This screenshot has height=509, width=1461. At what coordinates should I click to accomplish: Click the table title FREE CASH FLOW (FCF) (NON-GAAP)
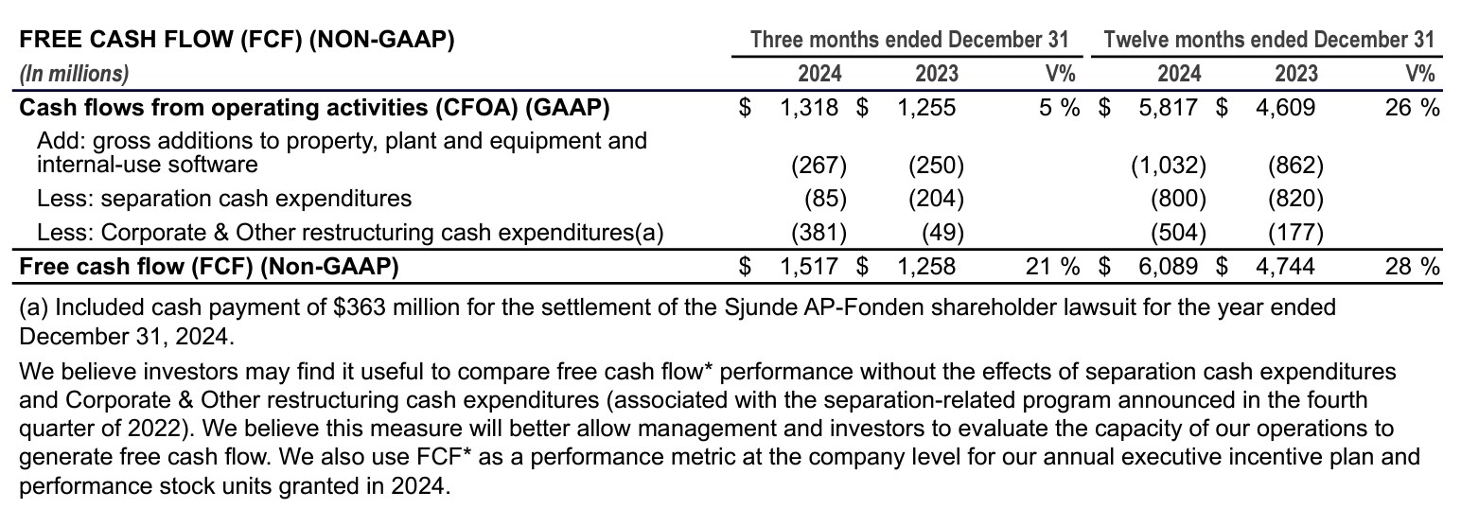238,40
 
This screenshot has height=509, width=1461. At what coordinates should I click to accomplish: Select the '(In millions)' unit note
75,73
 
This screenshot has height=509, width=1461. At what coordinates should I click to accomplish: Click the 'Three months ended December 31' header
908,40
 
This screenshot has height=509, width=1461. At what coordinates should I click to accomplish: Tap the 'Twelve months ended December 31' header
1269,40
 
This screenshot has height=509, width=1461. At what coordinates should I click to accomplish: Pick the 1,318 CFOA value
809,107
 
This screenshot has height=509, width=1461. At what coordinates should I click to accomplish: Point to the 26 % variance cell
1412,107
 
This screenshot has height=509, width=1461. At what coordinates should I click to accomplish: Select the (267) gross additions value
819,167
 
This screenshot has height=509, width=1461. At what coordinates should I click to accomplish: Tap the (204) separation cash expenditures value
936,199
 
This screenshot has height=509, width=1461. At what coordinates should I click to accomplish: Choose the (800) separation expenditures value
1178,199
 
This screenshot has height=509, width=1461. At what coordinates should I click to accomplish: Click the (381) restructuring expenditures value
819,232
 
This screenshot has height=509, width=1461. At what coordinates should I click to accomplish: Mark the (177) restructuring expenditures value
1295,232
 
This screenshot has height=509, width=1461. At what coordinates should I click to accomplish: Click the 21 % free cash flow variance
1052,267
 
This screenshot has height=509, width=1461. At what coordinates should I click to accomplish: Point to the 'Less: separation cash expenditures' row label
224,199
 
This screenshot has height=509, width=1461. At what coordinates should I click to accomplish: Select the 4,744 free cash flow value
1285,267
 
